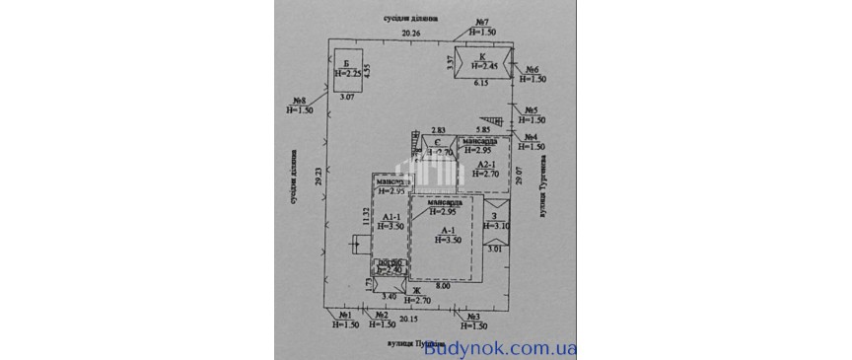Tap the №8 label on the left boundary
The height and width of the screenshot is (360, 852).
pyautogui.click(x=301, y=99)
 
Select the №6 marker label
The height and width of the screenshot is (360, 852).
pyautogui.click(x=532, y=69)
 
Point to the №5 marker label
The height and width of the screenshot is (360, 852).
pyautogui.click(x=531, y=109)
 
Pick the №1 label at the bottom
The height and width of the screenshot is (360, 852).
pyautogui.click(x=345, y=315)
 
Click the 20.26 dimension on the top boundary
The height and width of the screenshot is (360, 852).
pyautogui.click(x=409, y=34)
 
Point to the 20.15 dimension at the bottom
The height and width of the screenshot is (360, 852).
pyautogui.click(x=408, y=319)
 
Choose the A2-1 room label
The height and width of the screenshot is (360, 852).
pyautogui.click(x=483, y=166)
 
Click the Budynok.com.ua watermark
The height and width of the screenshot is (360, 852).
pyautogui.click(x=502, y=347)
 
